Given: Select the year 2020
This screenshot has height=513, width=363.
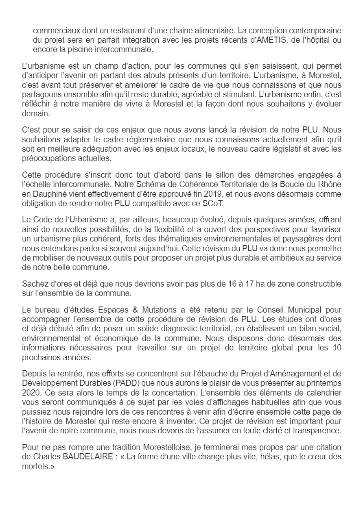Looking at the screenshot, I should tap(31, 393).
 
